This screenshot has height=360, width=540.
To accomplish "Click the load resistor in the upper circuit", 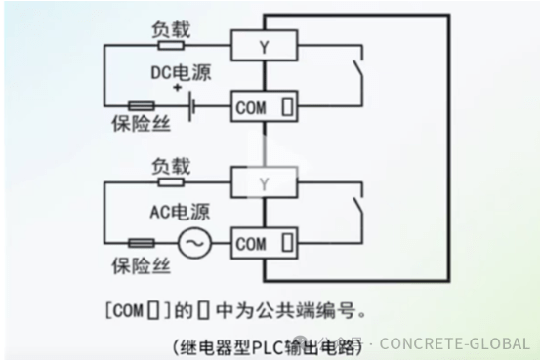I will pyautogui.click(x=171, y=45).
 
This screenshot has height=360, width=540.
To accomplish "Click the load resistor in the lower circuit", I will pyautogui.click(x=171, y=180).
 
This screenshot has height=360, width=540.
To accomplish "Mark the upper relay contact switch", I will pyautogui.click(x=357, y=75).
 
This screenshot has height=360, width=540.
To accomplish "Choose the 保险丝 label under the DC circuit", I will pyautogui.click(x=137, y=126).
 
